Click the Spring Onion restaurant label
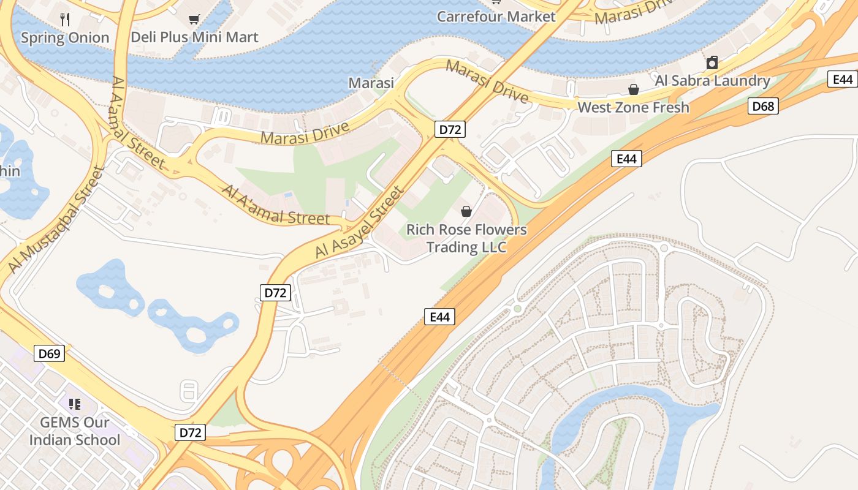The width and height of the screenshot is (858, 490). pyautogui.click(x=65, y=37)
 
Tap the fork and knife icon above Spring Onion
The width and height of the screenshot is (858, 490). pyautogui.click(x=66, y=20)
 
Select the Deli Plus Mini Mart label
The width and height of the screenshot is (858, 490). pyautogui.click(x=194, y=37)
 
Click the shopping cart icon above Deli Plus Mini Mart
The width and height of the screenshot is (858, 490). pyautogui.click(x=194, y=20)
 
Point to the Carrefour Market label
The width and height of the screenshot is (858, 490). pyautogui.click(x=496, y=17)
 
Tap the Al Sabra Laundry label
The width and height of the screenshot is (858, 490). pyautogui.click(x=712, y=80)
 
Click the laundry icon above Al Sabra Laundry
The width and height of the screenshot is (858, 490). pyautogui.click(x=712, y=62)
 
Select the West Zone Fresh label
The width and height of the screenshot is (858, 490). pyautogui.click(x=633, y=107)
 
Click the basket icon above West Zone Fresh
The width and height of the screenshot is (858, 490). pyautogui.click(x=634, y=90)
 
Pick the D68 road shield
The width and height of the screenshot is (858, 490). pyautogui.click(x=763, y=107)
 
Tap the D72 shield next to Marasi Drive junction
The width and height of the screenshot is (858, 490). pyautogui.click(x=450, y=129)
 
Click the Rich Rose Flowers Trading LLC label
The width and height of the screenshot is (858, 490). pyautogui.click(x=466, y=238)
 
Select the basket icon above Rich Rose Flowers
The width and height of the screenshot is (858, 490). pyautogui.click(x=466, y=211)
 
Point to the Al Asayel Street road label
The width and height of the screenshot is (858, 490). pyautogui.click(x=360, y=222)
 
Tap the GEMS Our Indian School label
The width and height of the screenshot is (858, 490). pyautogui.click(x=75, y=431)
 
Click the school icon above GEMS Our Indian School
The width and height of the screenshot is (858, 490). pyautogui.click(x=75, y=404)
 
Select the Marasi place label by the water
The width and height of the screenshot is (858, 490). pyautogui.click(x=371, y=83)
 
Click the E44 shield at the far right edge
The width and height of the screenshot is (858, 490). pyautogui.click(x=843, y=79)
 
